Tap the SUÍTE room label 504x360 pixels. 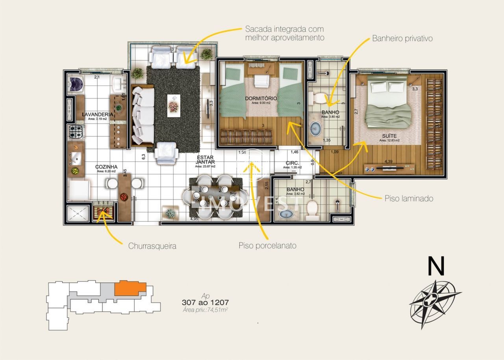tap(389, 136)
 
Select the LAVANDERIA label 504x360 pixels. tap(97, 114)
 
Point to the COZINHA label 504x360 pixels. tap(106, 167)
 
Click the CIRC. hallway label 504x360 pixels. tap(292, 163)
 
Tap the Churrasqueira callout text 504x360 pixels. tap(152, 246)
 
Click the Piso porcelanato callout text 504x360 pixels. tap(267, 246)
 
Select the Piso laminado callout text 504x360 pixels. tap(409, 199)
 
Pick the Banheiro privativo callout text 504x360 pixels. tap(402, 39)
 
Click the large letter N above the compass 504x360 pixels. tap(436, 266)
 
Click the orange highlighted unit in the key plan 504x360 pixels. tap(130, 289)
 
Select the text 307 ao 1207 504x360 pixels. tap(205, 303)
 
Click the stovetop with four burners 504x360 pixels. tap(76, 132)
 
